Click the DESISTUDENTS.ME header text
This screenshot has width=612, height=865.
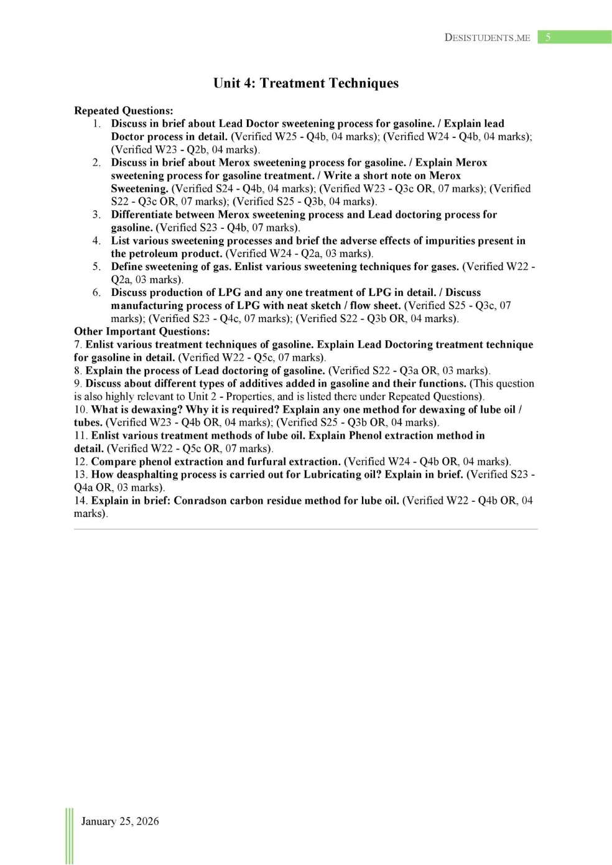(487, 37)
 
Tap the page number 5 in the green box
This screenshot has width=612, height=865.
(548, 37)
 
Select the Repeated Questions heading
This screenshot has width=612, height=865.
(123, 111)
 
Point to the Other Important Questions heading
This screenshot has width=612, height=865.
(142, 331)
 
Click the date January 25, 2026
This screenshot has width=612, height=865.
(119, 821)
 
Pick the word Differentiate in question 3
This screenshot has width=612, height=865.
(143, 215)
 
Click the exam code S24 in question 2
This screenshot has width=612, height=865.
(226, 188)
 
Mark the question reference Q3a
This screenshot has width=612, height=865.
(408, 371)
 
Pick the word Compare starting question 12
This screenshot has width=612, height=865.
(112, 461)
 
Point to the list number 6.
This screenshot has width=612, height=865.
(96, 293)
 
